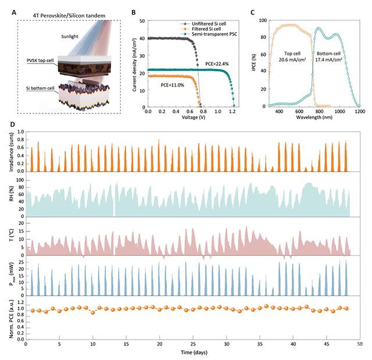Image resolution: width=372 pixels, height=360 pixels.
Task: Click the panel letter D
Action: point(12,124)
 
